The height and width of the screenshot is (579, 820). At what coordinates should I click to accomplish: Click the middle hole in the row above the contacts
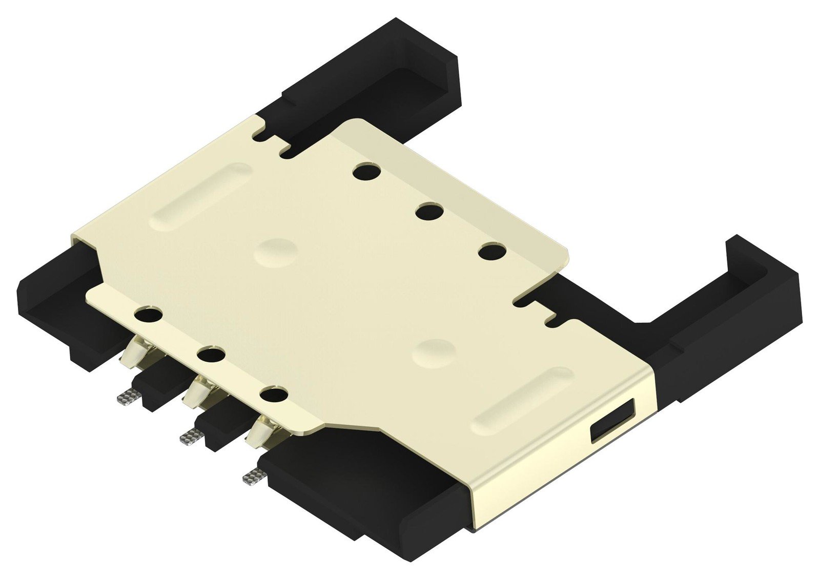(x=210, y=355)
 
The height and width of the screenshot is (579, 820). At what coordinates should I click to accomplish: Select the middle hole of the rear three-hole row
(x=429, y=211)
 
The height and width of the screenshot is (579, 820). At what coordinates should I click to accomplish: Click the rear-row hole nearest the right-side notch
(x=492, y=252)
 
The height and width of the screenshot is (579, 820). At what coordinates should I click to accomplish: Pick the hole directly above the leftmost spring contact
(x=148, y=314)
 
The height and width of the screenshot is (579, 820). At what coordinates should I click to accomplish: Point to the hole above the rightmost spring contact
(x=273, y=395)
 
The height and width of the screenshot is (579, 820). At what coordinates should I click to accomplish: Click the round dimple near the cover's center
(x=276, y=251)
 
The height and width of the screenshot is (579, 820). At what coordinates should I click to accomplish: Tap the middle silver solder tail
(x=191, y=436)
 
